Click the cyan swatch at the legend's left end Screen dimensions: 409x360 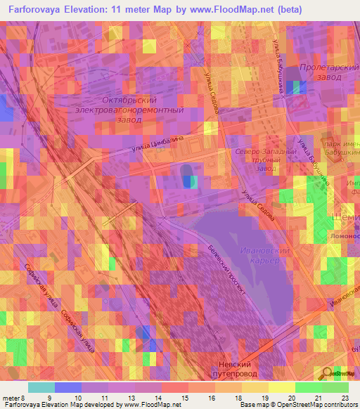41,387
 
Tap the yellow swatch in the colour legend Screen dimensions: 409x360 281,387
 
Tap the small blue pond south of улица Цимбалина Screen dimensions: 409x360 188,181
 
